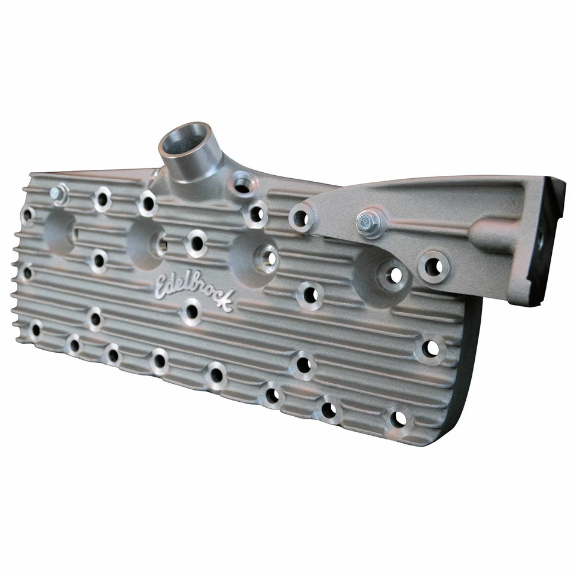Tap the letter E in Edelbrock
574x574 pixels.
163,285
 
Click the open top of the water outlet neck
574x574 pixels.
185,138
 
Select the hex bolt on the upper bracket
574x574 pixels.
367,222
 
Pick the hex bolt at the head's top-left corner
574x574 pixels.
58,193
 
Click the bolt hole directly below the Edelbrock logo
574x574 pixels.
191,311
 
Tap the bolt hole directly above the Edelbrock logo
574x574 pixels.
195,243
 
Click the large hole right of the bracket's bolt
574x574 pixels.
432,265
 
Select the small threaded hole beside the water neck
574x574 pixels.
243,184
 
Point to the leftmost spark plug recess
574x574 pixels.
60,230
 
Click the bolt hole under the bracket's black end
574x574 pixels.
430,349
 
